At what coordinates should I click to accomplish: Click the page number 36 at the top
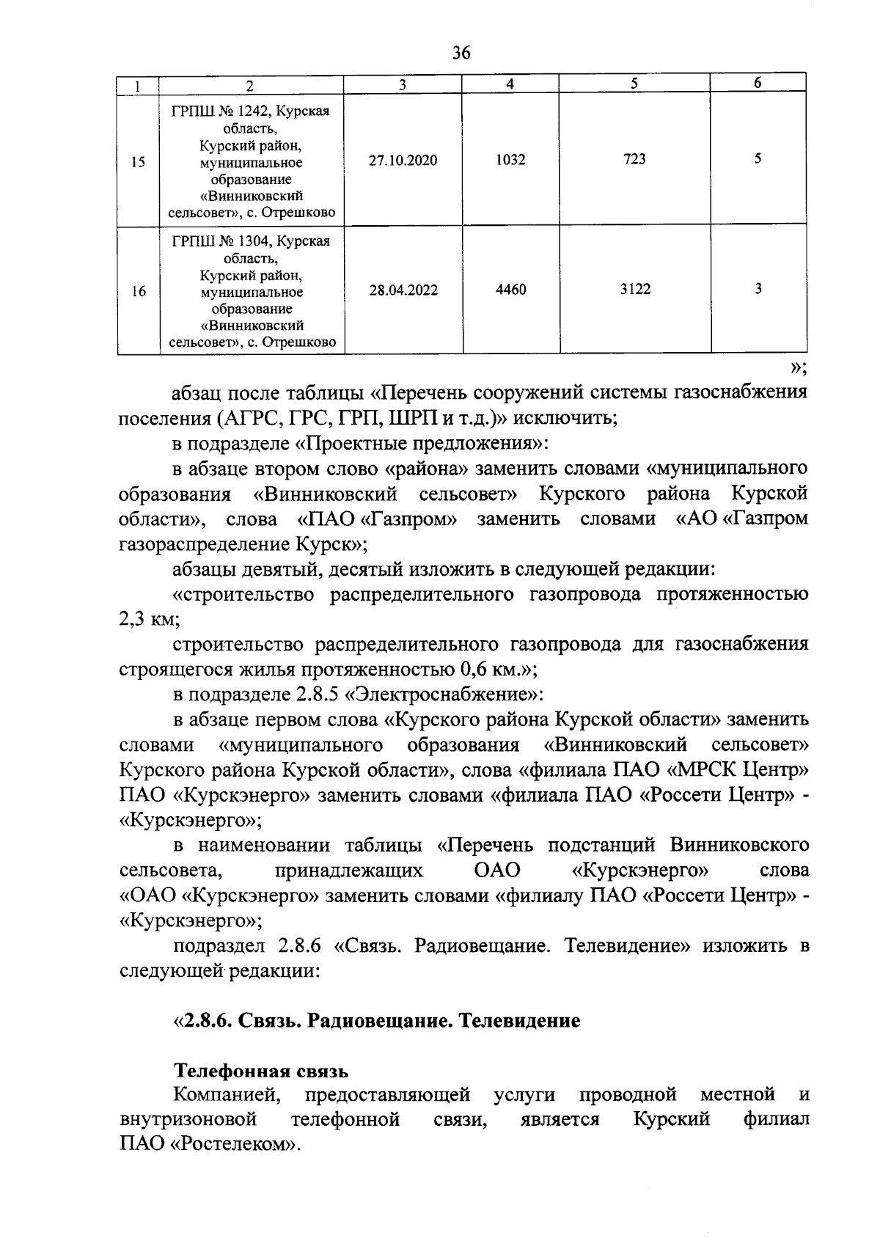point(461,52)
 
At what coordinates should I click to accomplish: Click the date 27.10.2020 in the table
point(403,160)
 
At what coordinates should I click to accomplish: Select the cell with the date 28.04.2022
point(403,290)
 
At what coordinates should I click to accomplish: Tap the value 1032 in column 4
point(510,159)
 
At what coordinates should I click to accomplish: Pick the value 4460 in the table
point(510,290)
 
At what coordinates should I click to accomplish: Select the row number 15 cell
point(138,163)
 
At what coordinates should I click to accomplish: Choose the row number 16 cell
point(138,291)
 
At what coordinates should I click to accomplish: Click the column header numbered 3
point(403,85)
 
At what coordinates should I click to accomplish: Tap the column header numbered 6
point(758,84)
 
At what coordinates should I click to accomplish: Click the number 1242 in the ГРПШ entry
point(241,111)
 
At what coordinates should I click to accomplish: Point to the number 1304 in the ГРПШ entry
point(241,241)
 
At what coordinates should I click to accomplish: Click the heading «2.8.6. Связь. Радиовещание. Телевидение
point(376,1021)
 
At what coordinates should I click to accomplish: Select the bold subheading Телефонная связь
point(260,1072)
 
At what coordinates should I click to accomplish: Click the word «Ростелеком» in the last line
point(235,1145)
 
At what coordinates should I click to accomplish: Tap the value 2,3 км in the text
point(147,619)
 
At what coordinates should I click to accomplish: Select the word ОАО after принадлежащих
point(496,871)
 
